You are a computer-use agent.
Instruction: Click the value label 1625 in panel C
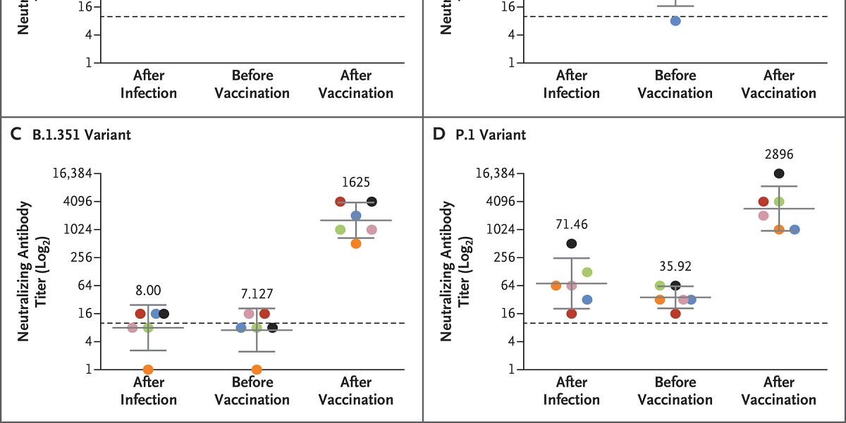point(356,183)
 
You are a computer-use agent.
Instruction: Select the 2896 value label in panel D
point(779,154)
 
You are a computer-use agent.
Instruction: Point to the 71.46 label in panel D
point(572,225)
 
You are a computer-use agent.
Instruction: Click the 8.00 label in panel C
point(148,288)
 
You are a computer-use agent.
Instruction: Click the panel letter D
point(439,134)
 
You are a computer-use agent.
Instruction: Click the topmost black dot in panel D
point(779,173)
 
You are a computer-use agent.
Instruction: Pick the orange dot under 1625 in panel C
point(356,243)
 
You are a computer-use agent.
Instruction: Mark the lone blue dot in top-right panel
point(675,21)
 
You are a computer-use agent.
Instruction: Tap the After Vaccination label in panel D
point(779,391)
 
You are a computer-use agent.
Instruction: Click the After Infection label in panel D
point(572,391)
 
